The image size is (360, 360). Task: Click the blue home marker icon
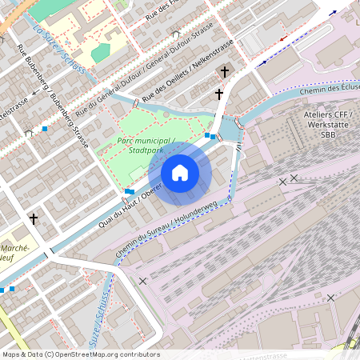point(180,172)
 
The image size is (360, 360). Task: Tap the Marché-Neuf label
point(15,254)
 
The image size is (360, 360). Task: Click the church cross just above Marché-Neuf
point(34,218)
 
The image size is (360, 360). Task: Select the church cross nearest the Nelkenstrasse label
point(225,72)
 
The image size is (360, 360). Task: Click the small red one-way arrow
point(282,38)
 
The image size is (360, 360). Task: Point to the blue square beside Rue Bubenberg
point(45,128)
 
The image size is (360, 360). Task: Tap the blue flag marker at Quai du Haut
point(130,191)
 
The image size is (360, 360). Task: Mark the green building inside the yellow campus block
point(100,53)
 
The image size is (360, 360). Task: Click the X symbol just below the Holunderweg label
point(142,281)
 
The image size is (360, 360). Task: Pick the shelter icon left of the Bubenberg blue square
point(29,133)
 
